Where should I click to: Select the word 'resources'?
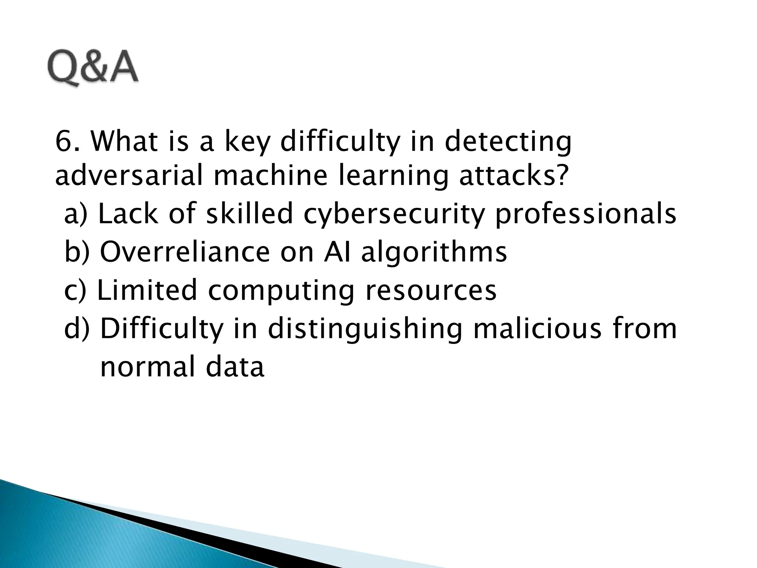click(x=431, y=290)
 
